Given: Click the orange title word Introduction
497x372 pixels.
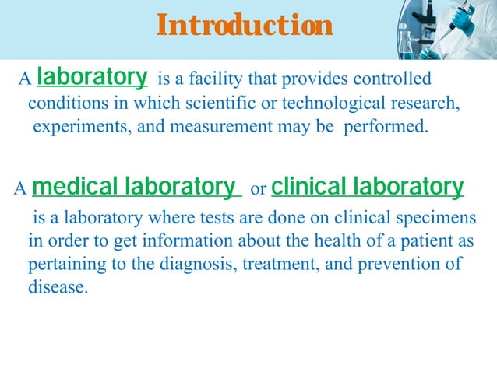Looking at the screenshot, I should pyautogui.click(x=245, y=26).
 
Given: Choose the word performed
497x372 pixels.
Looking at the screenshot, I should pyautogui.click(x=385, y=128).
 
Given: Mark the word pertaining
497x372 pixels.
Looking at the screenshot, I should pyautogui.click(x=62, y=265).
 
